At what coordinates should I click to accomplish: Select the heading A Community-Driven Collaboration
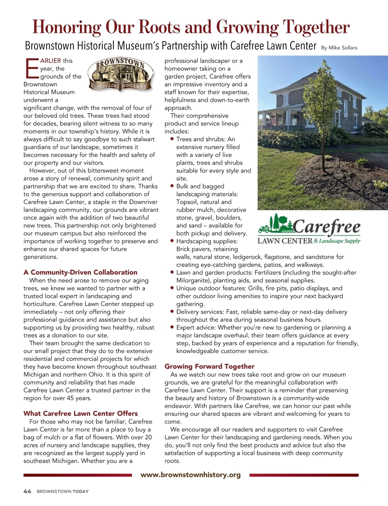80,272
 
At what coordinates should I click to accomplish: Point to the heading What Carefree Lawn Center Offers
81,413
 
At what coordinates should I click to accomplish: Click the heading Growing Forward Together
209,366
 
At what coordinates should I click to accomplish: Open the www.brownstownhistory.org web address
191,475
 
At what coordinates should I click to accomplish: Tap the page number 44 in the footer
27,491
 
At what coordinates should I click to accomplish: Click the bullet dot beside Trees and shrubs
172,139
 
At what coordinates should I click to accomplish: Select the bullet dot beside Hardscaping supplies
172,241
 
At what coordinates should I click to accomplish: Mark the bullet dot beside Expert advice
172,327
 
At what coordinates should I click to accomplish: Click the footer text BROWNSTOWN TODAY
62,491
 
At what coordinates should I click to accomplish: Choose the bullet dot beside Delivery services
172,312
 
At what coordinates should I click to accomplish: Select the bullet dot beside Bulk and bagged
172,186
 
